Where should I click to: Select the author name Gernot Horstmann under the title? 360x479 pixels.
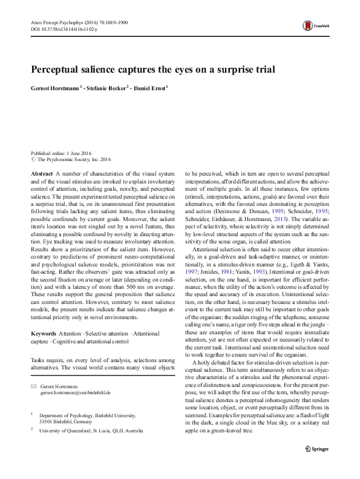click(x=57, y=88)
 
